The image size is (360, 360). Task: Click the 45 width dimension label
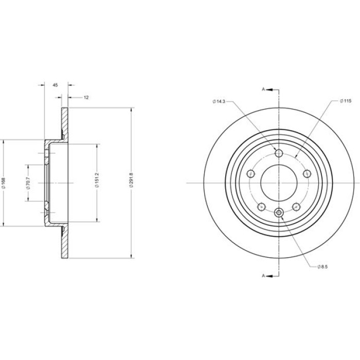point(56,85)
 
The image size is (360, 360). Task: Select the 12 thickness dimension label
point(86,98)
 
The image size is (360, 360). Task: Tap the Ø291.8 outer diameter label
point(131,183)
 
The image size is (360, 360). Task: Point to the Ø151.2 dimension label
point(97,183)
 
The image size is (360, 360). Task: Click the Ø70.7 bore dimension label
point(28,183)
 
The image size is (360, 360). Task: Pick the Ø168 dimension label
point(4,183)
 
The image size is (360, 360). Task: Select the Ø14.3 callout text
point(219,101)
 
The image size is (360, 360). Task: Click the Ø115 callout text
point(346,101)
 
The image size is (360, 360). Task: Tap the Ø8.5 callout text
point(322,267)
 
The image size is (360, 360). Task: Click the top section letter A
point(263,89)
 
